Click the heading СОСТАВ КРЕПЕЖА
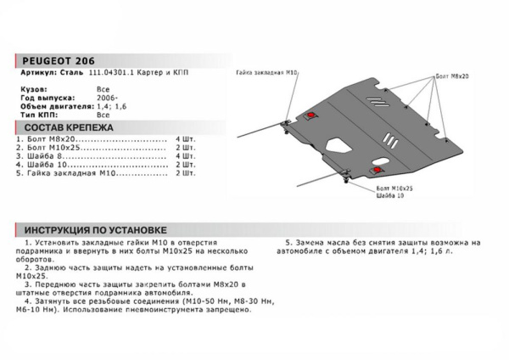tap(63, 126)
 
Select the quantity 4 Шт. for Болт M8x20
tap(184, 137)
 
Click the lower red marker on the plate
tap(377, 171)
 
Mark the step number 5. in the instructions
tap(288, 241)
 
